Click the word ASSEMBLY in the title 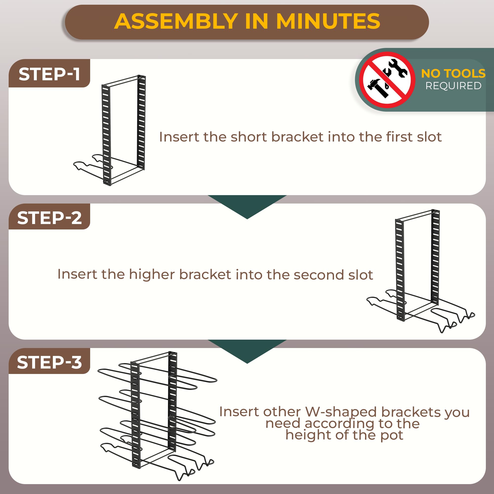(176, 21)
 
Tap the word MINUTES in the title (328, 21)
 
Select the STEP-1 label (49, 74)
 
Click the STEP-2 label (49, 218)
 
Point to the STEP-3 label (49, 362)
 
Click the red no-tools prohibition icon (387, 80)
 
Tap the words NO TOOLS (453, 73)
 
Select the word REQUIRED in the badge (453, 86)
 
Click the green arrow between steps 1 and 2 (247, 205)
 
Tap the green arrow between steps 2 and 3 (247, 349)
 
